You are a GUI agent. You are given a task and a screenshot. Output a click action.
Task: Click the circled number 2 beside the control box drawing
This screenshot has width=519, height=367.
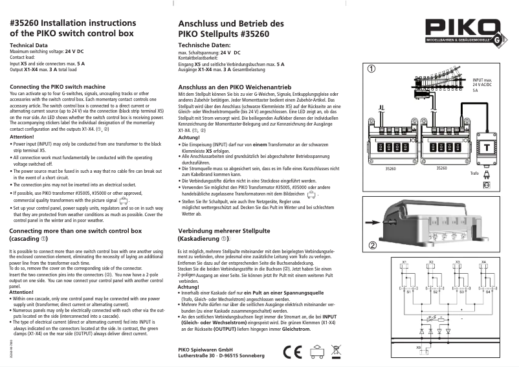pos(373,245)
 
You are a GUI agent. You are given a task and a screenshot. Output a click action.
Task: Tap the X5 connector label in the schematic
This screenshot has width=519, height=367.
pos(419,347)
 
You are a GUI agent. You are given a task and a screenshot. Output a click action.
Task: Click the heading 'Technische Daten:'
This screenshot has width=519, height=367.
pos(204,45)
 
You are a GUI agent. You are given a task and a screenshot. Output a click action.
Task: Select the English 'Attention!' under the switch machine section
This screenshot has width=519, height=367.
pos(23,137)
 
